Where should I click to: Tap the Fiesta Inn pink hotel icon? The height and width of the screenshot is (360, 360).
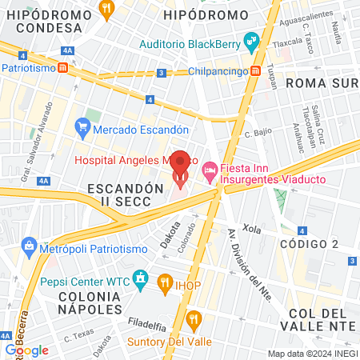[x=210, y=171]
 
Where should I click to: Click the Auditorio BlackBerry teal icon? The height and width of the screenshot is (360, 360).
[x=251, y=39]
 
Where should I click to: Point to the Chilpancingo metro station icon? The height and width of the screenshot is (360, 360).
[x=255, y=71]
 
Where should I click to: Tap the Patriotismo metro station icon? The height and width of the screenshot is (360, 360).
[x=62, y=69]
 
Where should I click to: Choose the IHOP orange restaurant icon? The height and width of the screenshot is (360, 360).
[x=165, y=281]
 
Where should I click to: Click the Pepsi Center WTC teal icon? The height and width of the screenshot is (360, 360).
[x=141, y=278]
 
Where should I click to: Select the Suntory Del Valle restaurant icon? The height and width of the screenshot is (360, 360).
[x=193, y=321]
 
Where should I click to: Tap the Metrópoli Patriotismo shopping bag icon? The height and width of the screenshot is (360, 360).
[x=29, y=244]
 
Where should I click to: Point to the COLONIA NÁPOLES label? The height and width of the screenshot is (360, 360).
[x=78, y=302]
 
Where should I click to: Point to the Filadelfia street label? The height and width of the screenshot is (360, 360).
[x=146, y=325]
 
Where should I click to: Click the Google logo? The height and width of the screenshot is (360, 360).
[x=26, y=350]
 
